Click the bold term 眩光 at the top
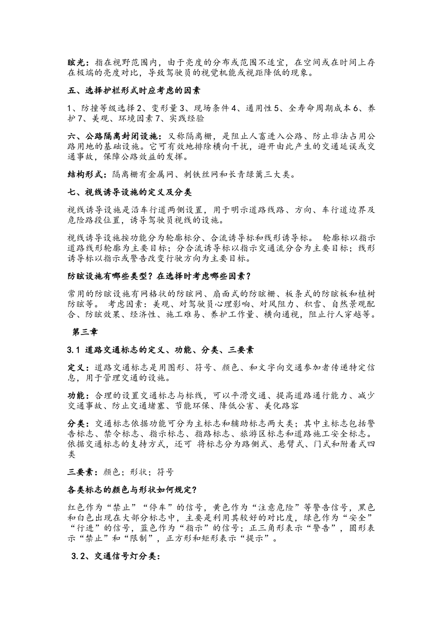pos(76,62)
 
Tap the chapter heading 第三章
pos(85,332)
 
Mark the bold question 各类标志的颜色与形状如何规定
pos(132,489)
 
